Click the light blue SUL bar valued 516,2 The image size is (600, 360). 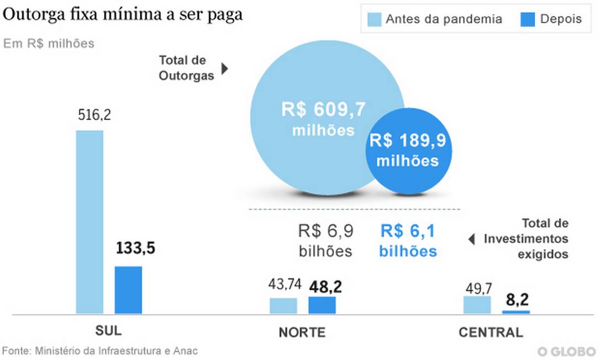pos(90,222)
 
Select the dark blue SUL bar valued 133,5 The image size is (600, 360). pos(128,290)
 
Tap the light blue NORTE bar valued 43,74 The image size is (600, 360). pos(283,306)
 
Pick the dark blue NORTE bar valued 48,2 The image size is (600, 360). pos(322,305)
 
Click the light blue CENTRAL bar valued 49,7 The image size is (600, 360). pos(477,305)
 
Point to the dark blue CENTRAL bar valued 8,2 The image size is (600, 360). pos(515,312)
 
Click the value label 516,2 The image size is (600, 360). pos(90,115)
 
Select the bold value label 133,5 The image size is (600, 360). pos(135,248)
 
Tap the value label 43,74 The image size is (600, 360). pos(285,285)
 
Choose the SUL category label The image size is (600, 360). pos(108,331)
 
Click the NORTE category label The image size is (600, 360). pos(302,332)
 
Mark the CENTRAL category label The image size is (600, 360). pos(491,332)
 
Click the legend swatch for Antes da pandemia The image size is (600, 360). pos(374,19)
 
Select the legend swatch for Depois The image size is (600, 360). pos(527,19)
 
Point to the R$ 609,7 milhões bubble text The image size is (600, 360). pos(323,119)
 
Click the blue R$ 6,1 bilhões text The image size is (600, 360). pos(408,241)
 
